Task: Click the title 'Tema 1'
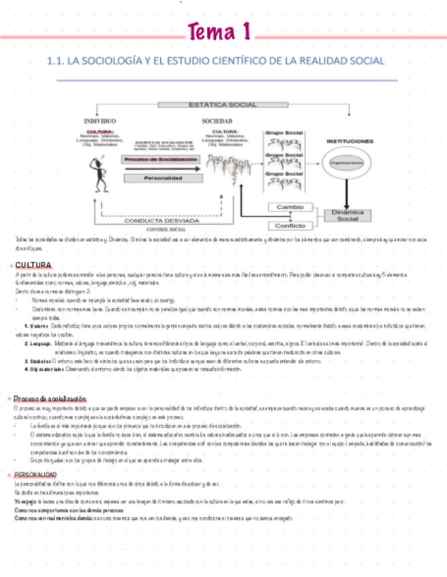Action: [x=221, y=32]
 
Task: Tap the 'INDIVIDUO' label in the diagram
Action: [x=99, y=121]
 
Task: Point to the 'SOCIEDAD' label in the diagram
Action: [x=217, y=121]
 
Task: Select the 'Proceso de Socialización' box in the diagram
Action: [x=161, y=159]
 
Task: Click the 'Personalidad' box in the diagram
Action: [x=161, y=178]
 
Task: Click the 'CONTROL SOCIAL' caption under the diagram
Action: [x=166, y=230]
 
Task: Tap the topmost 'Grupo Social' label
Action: [x=283, y=133]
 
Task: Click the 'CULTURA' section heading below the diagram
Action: [x=34, y=264]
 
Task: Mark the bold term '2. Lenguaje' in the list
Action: [x=34, y=344]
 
